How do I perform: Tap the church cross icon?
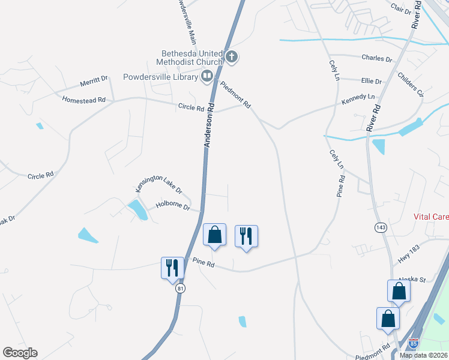pyautogui.click(x=232, y=58)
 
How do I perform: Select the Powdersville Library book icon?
pyautogui.click(x=206, y=76)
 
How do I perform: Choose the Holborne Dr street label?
pyautogui.click(x=173, y=206)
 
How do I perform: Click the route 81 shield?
pyautogui.click(x=180, y=289)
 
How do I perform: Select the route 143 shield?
pyautogui.click(x=380, y=227)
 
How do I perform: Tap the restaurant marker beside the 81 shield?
pyautogui.click(x=172, y=268)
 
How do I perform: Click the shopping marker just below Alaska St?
pyautogui.click(x=399, y=292)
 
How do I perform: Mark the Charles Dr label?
pyautogui.click(x=376, y=59)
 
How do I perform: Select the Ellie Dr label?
pyautogui.click(x=371, y=81)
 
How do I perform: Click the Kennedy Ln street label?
pyautogui.click(x=358, y=97)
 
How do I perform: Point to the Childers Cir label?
pyautogui.click(x=411, y=86)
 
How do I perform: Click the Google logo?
pyautogui.click(x=20, y=353)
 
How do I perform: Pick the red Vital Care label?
pyautogui.click(x=431, y=216)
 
